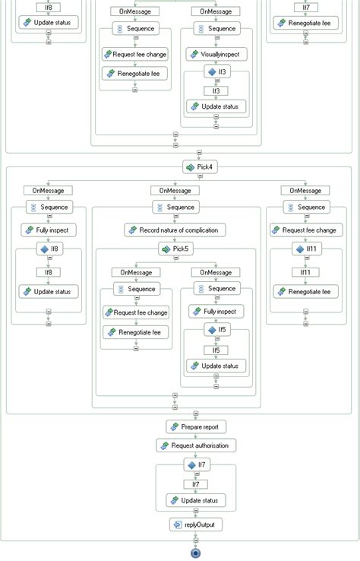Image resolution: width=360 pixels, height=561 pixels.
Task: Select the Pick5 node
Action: [176, 249]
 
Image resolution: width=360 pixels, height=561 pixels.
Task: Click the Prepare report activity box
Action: [197, 426]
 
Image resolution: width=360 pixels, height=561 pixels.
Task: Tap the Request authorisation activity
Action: [197, 445]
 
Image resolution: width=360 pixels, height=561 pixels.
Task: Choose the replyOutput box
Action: [197, 524]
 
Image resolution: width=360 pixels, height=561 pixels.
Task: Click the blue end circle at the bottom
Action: [197, 553]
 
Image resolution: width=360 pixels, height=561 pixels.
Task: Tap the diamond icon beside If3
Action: [212, 72]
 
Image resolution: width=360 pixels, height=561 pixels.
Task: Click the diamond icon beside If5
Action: [212, 330]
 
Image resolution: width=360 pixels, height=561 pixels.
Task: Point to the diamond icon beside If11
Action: [301, 249]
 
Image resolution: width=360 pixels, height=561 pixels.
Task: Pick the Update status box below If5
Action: [216, 366]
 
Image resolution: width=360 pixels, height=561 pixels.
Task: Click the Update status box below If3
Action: [216, 106]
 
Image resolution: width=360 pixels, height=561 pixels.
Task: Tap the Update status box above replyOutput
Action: [197, 500]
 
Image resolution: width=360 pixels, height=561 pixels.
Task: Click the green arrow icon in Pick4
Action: [188, 166]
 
